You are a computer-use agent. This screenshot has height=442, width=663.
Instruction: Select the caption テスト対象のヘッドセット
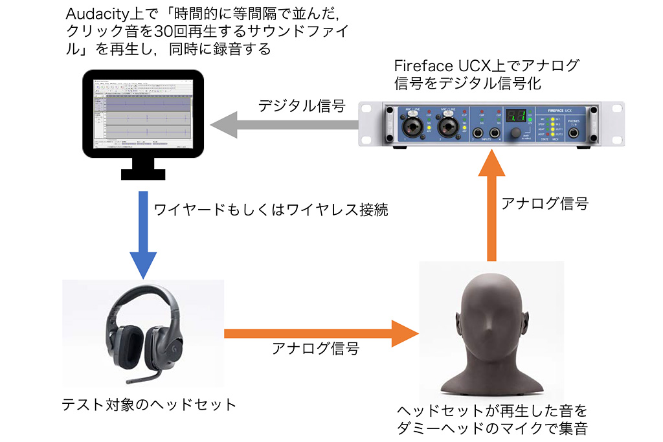149,406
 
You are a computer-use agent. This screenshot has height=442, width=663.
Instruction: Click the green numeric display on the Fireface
515,116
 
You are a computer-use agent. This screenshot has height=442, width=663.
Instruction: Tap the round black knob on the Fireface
516,134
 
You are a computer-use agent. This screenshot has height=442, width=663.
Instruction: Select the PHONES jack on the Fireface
574,135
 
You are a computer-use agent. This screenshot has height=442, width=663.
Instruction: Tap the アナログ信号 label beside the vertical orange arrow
545,203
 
